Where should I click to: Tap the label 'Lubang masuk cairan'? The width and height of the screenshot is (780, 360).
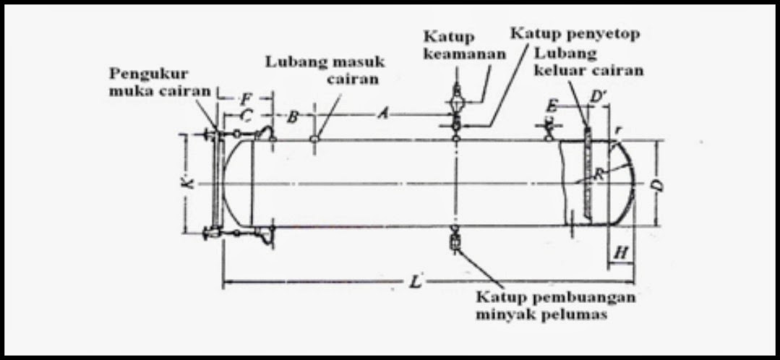(x=325, y=71)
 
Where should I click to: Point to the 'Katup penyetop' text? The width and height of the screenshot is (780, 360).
(x=575, y=33)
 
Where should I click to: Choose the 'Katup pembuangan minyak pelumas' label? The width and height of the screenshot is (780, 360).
(x=555, y=305)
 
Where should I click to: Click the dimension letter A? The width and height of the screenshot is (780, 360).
(x=384, y=113)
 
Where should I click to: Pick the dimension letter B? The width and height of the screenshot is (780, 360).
(x=293, y=117)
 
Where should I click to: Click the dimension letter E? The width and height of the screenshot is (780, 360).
(x=553, y=103)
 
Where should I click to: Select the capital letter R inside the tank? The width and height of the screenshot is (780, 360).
(x=599, y=173)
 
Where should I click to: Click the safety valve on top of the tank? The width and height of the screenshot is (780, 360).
(x=456, y=98)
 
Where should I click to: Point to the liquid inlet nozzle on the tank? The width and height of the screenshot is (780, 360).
(x=315, y=137)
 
